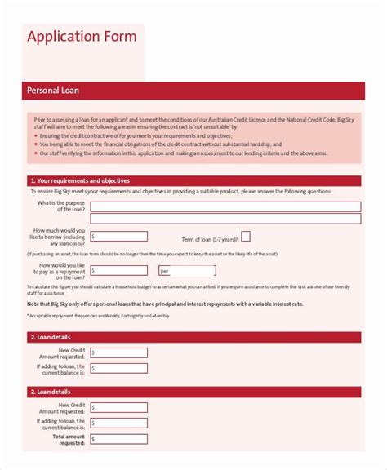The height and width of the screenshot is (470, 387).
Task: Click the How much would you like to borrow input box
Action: click(119, 236)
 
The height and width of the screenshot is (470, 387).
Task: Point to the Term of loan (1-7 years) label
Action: click(210, 238)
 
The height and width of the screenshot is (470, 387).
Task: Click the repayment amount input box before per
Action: click(119, 270)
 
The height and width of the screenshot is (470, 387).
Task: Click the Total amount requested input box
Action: click(119, 440)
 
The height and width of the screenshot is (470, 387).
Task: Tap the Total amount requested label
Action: click(68, 441)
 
